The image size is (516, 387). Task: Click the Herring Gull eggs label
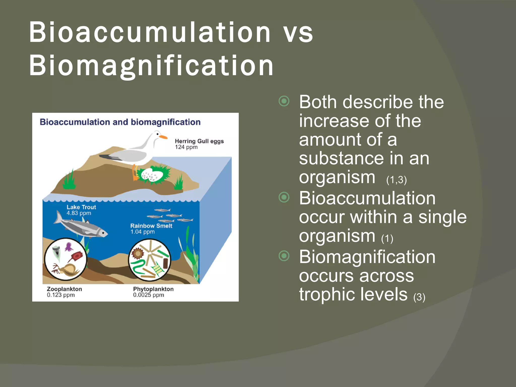199,141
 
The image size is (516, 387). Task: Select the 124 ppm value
186,147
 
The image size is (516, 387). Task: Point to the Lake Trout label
81,207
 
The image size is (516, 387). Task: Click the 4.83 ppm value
79,213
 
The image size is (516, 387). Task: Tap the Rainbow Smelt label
151,226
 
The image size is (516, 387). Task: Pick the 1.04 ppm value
142,232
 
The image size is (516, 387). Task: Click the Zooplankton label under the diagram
64,289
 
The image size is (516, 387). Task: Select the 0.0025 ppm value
148,295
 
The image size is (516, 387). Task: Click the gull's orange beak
163,137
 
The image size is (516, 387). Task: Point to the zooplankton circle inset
66,259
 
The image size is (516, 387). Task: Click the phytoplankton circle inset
149,260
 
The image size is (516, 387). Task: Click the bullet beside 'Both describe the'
284,101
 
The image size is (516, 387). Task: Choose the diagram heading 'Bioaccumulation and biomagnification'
120,122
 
